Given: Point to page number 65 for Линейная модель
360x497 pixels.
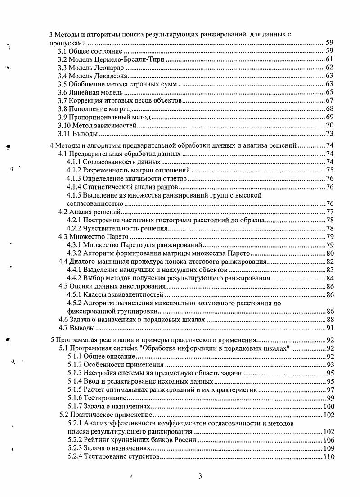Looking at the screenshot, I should coord(329,92).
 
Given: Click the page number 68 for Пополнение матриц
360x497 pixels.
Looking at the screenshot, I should coord(329,108).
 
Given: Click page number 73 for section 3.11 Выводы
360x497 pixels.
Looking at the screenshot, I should coord(329,134).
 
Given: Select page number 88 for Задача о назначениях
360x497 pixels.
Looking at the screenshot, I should coord(329,320).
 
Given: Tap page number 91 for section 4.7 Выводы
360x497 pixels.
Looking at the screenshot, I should coord(329,328).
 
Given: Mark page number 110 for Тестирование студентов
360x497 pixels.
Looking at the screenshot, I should coord(328,457).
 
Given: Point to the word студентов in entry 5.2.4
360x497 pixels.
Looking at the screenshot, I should coord(142,457).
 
